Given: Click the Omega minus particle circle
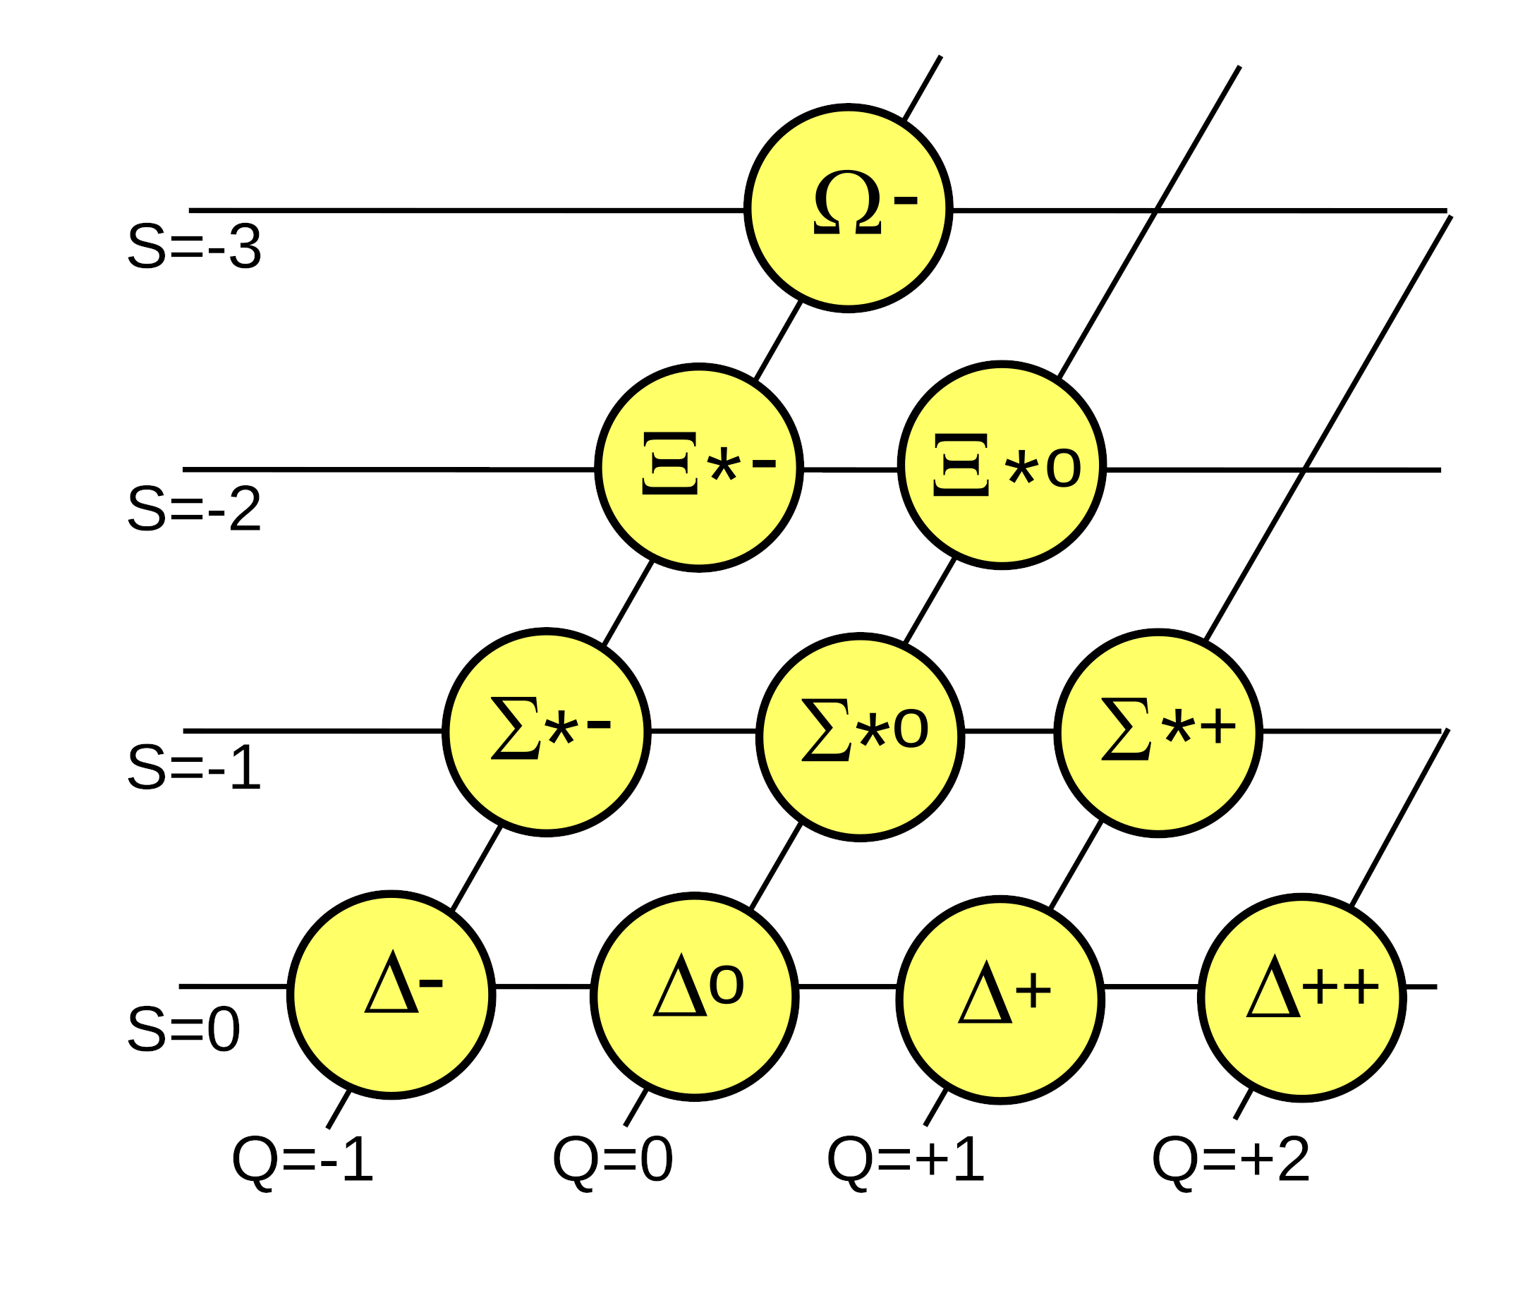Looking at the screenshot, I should point(848,209).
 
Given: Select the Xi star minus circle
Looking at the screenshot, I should point(698,466).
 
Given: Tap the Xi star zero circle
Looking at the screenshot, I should point(1001,465).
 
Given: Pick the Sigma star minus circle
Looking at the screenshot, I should point(546,732).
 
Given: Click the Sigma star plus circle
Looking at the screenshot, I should point(1158,732).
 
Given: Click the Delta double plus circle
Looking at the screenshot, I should point(1301,997).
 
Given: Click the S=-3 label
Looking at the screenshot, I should point(194,247).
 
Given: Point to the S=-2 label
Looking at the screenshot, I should point(194,509).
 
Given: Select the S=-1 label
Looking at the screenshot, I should point(194,767).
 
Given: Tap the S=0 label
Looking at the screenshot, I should point(184,1029).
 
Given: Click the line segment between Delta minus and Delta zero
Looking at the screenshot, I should point(542,987).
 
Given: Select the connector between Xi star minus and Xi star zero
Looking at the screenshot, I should point(850,470).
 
